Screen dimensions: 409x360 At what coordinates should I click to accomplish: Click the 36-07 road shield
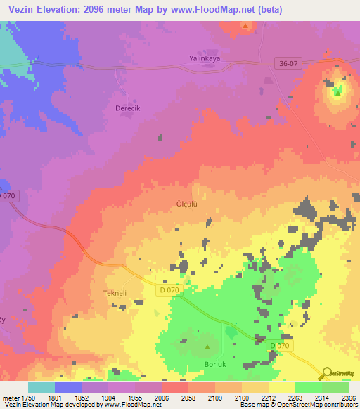(x=288, y=64)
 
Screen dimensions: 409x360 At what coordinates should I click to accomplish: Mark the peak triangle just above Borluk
(x=207, y=346)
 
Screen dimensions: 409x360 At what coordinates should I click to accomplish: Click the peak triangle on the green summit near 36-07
(x=338, y=91)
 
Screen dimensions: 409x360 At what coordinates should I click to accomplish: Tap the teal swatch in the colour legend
(x=41, y=387)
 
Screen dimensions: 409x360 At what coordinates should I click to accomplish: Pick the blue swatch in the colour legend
(x=68, y=387)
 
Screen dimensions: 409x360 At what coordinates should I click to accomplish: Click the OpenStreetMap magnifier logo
(x=326, y=373)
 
